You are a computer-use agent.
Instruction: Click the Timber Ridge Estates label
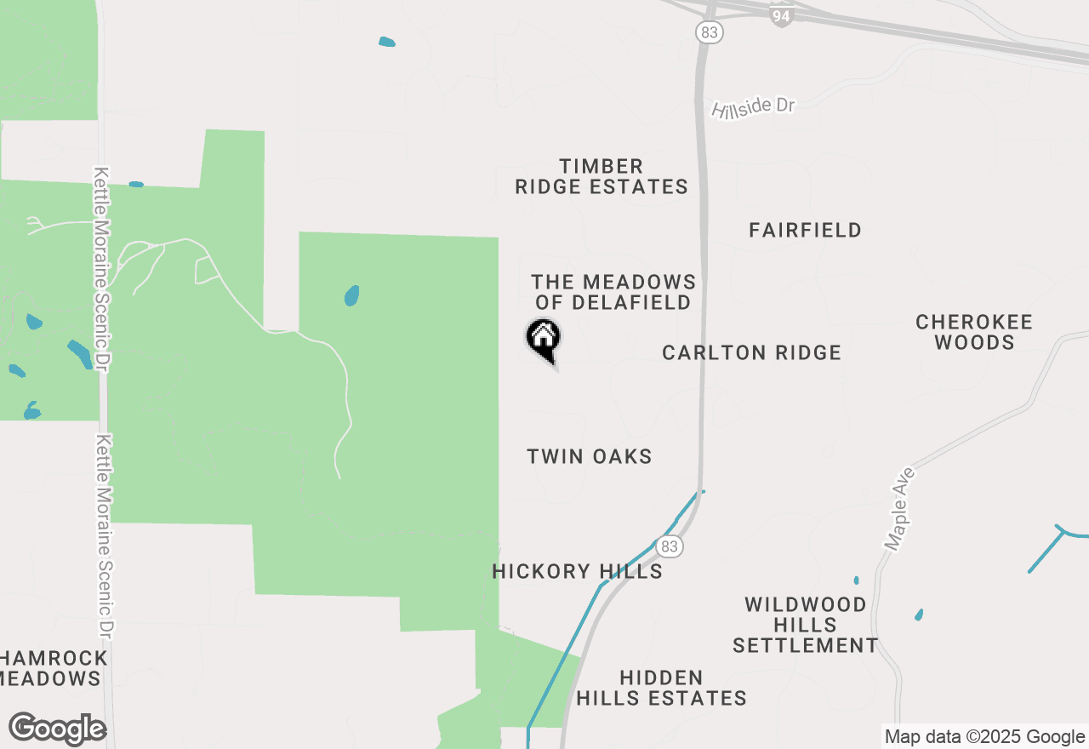pyautogui.click(x=602, y=176)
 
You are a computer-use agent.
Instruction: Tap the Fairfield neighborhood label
pyautogui.click(x=805, y=230)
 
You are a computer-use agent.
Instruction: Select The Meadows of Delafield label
pyautogui.click(x=613, y=292)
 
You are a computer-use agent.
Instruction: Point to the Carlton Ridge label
pyautogui.click(x=751, y=352)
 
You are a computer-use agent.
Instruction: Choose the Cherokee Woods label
pyautogui.click(x=973, y=332)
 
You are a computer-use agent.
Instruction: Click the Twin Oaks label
pyautogui.click(x=589, y=456)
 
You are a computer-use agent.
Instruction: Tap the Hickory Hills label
pyautogui.click(x=577, y=571)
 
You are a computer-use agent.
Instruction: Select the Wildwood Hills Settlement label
pyautogui.click(x=805, y=625)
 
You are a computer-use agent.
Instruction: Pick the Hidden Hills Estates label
pyautogui.click(x=661, y=688)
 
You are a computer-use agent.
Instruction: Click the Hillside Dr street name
pyautogui.click(x=753, y=107)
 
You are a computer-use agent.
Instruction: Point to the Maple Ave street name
pyautogui.click(x=898, y=508)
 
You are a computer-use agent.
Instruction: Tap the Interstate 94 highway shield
pyautogui.click(x=780, y=14)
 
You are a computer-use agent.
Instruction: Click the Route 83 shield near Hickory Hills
pyautogui.click(x=670, y=546)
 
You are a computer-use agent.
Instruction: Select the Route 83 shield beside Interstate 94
pyautogui.click(x=708, y=32)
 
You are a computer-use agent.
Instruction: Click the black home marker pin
pyautogui.click(x=543, y=337)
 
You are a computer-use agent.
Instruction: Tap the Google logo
pyautogui.click(x=57, y=729)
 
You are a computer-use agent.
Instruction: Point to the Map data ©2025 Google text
pyautogui.click(x=984, y=737)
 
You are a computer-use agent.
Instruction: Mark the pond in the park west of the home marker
pyautogui.click(x=351, y=296)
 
